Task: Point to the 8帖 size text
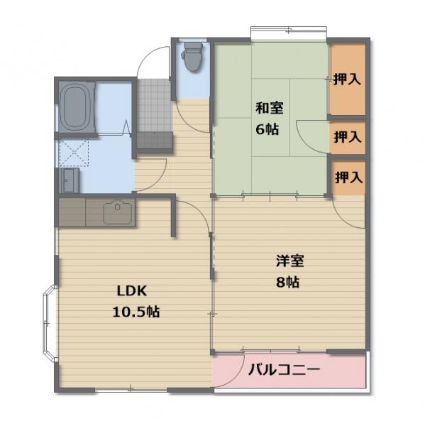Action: pos(287,282)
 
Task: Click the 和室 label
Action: pos(269,109)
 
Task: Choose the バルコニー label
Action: pos(285,370)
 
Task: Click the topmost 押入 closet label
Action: pos(347,79)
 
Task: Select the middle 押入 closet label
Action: pos(347,136)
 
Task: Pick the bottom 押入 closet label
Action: pos(347,177)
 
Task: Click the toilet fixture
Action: pos(192,57)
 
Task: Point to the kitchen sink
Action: pos(116,212)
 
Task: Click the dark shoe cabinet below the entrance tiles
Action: pos(154,140)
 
